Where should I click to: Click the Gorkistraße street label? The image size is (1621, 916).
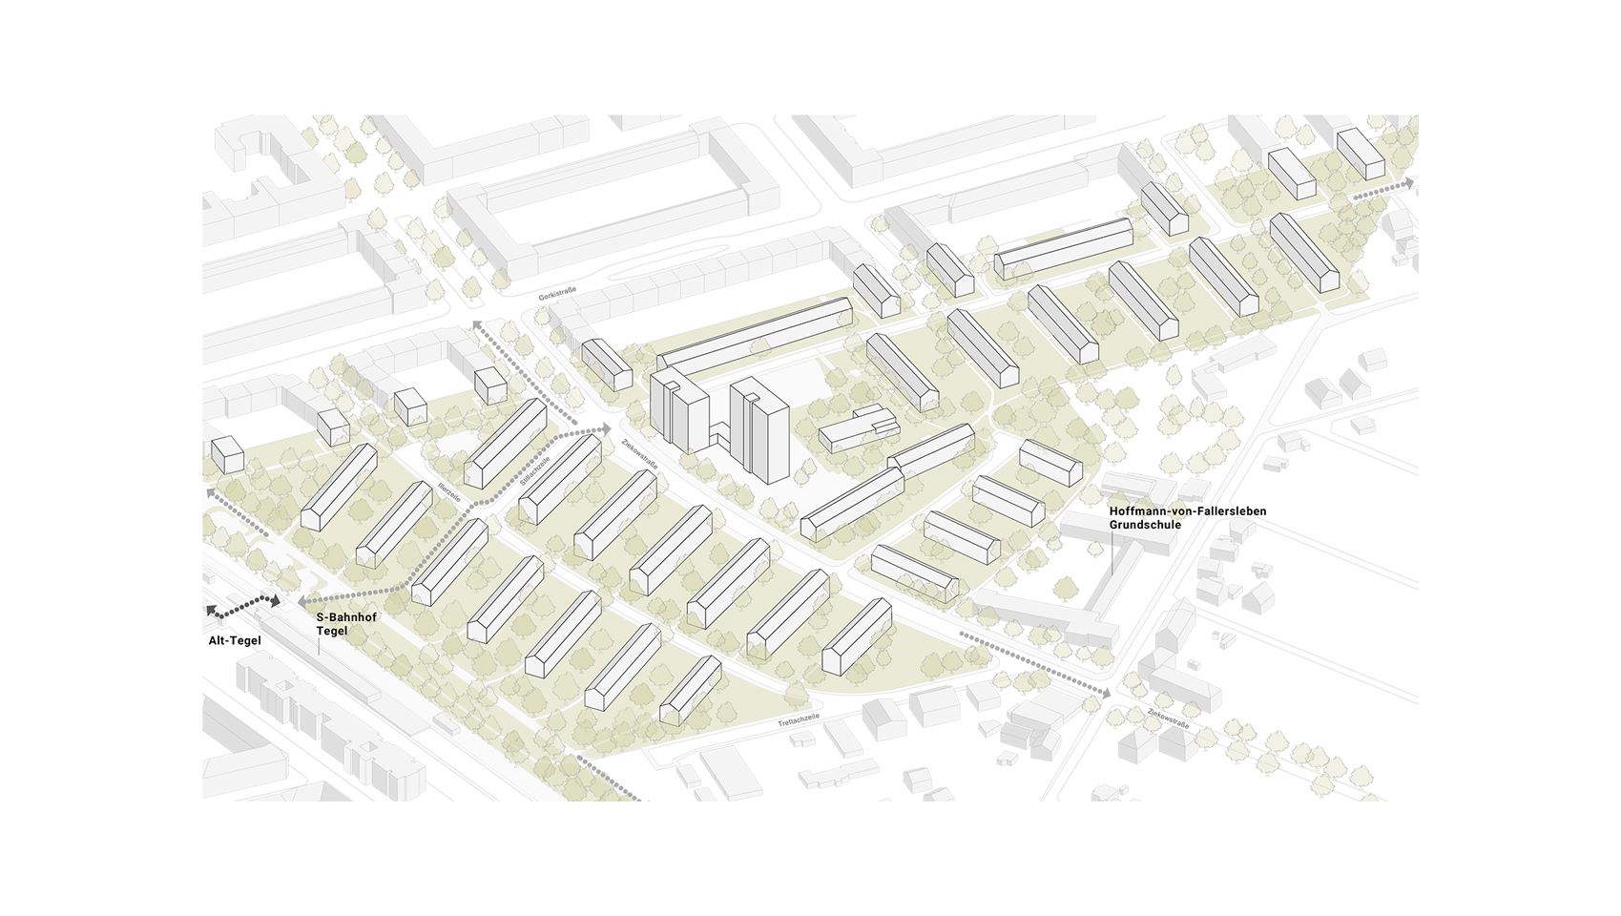click(x=557, y=293)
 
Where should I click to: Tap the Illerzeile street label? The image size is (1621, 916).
click(x=449, y=492)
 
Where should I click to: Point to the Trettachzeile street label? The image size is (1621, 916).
click(x=799, y=718)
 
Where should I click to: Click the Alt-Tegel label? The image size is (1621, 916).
click(x=235, y=641)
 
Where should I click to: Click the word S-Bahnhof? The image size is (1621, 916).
click(x=346, y=617)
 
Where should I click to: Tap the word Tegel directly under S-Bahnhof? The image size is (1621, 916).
click(x=332, y=632)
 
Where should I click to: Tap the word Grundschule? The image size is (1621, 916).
click(x=1145, y=525)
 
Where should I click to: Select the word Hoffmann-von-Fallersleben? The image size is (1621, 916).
click(x=1188, y=511)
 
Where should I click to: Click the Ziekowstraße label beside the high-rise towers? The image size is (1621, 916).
click(x=639, y=453)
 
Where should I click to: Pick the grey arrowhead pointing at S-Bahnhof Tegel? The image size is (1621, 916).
click(x=302, y=602)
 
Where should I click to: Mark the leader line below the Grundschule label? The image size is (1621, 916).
click(x=1112, y=553)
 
